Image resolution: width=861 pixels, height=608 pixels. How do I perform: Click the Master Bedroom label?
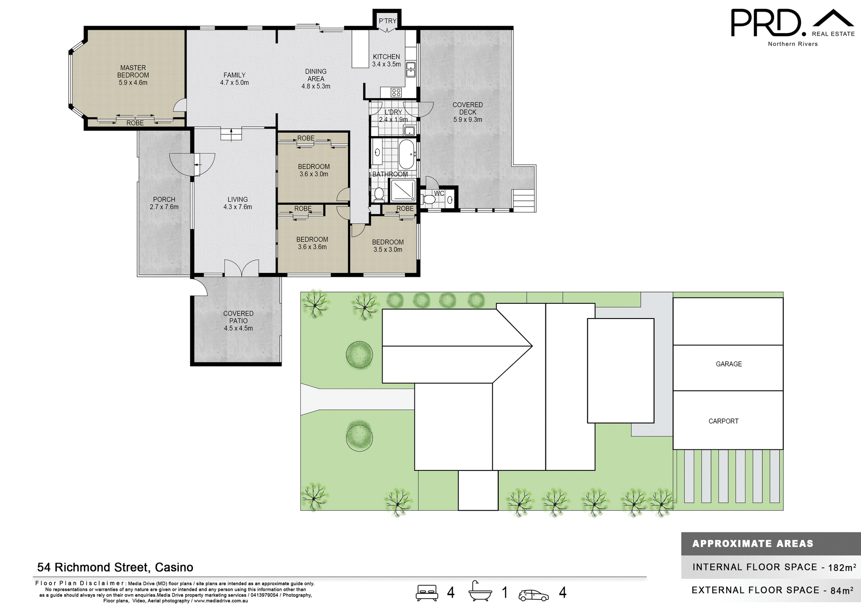(133, 75)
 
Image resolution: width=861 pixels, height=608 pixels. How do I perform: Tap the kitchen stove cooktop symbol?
(396, 92)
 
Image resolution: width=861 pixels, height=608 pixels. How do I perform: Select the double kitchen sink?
(411, 69)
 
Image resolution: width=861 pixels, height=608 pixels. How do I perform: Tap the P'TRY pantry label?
(387, 21)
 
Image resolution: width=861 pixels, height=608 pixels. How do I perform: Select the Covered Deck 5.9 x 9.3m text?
(467, 112)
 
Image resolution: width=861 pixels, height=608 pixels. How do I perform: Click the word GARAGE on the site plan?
(728, 364)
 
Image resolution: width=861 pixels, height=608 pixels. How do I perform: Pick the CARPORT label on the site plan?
(723, 421)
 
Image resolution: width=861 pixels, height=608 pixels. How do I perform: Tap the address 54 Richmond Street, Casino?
(115, 567)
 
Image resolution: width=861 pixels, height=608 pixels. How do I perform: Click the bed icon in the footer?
(427, 592)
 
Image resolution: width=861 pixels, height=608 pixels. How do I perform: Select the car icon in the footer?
(533, 595)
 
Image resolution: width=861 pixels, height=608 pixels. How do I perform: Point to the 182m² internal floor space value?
(842, 567)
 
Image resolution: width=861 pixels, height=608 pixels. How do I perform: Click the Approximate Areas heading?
(752, 543)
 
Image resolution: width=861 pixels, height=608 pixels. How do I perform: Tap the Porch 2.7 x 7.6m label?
(164, 203)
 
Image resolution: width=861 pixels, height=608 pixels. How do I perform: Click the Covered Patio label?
(238, 320)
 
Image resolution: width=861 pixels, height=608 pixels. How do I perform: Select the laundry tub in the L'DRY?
(409, 131)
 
